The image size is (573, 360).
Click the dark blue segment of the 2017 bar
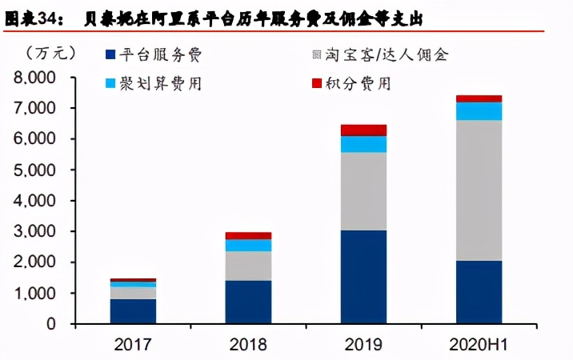coord(134,311)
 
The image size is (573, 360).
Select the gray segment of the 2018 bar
coord(248,266)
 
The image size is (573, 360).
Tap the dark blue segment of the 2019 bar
coord(363,277)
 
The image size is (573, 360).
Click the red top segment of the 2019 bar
coord(363,130)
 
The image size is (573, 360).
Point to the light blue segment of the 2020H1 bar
coord(479,111)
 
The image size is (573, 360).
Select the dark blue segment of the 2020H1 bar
coord(479,292)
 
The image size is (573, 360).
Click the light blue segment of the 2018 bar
coord(248,245)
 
